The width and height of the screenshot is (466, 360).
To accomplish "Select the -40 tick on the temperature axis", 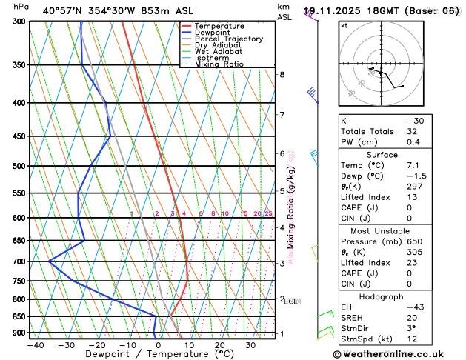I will tap(36, 345).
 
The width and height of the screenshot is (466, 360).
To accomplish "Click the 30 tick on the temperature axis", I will tap(250, 345).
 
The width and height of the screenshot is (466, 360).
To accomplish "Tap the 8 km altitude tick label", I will tap(282, 75).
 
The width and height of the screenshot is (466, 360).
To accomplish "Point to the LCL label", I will tap(290, 301).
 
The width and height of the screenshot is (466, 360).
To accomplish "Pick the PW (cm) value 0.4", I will tap(412, 142).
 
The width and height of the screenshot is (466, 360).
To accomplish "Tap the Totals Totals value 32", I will tap(412, 131).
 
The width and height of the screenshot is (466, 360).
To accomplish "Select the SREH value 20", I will tap(412, 319).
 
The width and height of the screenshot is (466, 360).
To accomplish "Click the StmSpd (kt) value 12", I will tap(412, 341).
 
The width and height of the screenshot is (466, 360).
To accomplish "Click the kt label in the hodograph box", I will tap(344, 25).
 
